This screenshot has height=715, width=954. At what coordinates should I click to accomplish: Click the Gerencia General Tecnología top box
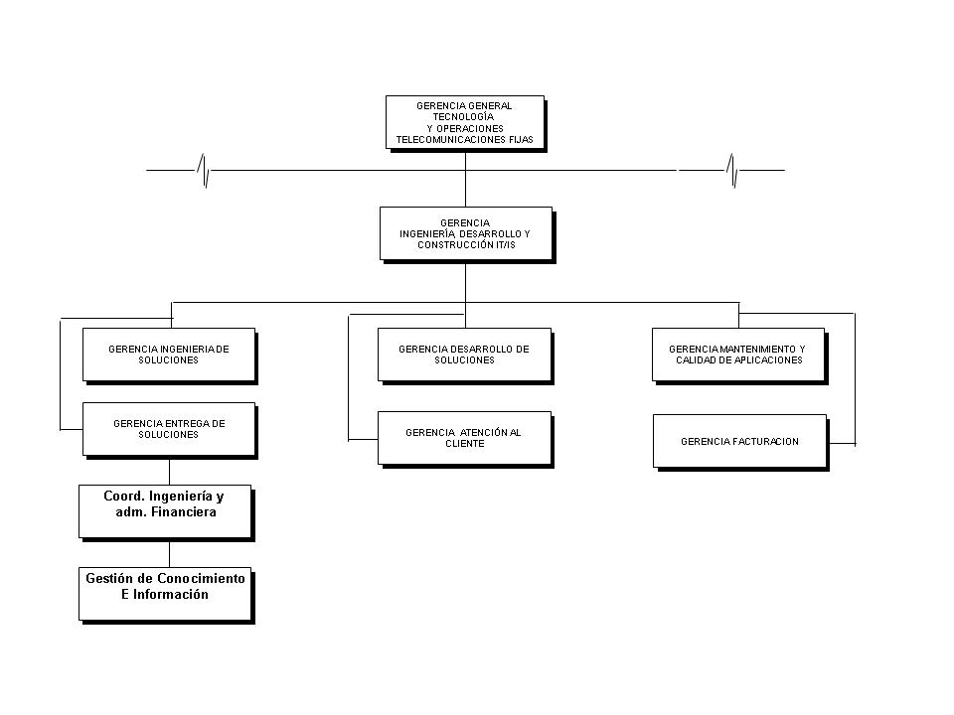[x=465, y=123]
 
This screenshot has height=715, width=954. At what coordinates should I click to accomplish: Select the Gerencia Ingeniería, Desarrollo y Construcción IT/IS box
[x=467, y=234]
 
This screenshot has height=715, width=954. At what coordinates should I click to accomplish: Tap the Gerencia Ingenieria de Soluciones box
[x=170, y=356]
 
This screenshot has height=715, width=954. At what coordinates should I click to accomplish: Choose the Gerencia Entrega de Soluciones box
[x=170, y=430]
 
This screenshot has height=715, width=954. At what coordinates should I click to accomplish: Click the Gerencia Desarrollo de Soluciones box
[x=465, y=356]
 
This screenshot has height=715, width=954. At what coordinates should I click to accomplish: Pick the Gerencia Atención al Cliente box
[x=465, y=439]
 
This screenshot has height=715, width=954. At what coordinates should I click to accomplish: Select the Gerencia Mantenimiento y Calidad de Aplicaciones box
[x=739, y=356]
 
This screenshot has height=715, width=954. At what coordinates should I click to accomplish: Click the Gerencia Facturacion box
[x=740, y=442]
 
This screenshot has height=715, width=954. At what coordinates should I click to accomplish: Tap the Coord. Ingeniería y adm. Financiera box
[x=166, y=512]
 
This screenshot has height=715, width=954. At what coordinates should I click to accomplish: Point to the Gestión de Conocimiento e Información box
[x=166, y=595]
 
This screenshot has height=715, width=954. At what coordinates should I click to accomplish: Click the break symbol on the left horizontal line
[x=204, y=170]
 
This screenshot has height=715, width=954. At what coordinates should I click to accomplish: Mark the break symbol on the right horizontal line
[x=732, y=170]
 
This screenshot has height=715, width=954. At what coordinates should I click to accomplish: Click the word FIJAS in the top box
[x=521, y=140]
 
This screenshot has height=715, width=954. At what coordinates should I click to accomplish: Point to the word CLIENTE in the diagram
[x=465, y=444]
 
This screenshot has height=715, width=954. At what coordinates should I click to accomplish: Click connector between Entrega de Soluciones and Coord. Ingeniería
[x=169, y=472]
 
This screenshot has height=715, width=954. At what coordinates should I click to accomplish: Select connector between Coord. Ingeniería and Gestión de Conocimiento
[x=169, y=554]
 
